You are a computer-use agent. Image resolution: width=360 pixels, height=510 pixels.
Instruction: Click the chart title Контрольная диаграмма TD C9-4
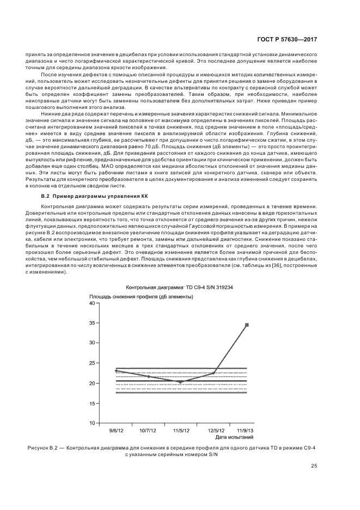[180, 287]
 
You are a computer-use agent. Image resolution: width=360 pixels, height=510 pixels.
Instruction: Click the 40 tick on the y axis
[92, 303]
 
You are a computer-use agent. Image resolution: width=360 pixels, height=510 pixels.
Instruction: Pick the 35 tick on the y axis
[92, 323]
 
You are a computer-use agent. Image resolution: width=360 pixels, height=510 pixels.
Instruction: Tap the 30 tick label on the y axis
[92, 343]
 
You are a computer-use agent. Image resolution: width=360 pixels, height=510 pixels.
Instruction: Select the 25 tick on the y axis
[92, 363]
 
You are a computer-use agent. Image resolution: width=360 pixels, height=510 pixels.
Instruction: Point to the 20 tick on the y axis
[92, 383]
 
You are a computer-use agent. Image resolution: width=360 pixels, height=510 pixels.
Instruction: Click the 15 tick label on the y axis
[92, 403]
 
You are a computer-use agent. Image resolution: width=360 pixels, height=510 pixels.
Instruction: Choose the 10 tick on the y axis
[92, 423]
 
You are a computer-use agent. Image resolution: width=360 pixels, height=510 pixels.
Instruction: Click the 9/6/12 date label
[116, 430]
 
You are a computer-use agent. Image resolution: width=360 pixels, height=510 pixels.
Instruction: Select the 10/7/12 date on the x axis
[149, 430]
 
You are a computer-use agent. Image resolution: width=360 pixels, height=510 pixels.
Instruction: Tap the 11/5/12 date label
[181, 430]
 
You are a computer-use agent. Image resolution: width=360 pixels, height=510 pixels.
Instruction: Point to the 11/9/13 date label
[246, 430]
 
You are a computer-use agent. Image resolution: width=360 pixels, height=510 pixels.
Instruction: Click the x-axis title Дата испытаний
[234, 437]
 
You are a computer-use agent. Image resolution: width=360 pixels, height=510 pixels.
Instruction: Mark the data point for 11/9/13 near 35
[247, 325]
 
